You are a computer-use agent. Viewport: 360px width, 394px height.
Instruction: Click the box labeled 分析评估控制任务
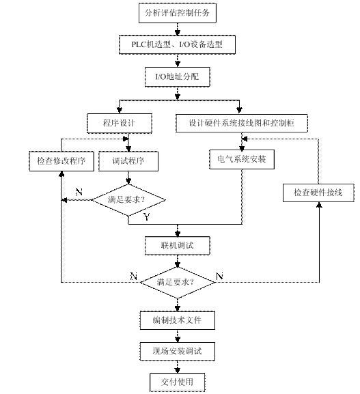pyautogui.click(x=177, y=13)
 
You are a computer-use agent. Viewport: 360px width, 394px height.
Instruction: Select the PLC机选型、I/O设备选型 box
pyautogui.click(x=177, y=45)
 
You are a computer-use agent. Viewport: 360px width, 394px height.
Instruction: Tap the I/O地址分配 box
pyautogui.click(x=177, y=76)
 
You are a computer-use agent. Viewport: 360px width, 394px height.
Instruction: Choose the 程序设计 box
pyautogui.click(x=120, y=123)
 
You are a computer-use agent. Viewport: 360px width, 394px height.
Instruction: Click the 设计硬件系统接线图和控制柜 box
pyautogui.click(x=242, y=123)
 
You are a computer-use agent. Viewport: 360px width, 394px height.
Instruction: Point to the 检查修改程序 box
pyautogui.click(x=61, y=161)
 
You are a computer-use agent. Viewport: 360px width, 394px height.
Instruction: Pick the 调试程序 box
pyautogui.click(x=128, y=161)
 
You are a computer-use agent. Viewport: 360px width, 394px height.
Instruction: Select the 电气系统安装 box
pyautogui.click(x=242, y=159)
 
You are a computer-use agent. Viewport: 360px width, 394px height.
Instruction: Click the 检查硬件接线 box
pyautogui.click(x=318, y=193)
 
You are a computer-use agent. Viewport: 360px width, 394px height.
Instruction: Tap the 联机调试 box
pyautogui.click(x=177, y=245)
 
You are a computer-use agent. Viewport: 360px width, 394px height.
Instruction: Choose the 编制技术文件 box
pyautogui.click(x=177, y=320)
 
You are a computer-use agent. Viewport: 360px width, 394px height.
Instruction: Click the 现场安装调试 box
pyautogui.click(x=177, y=351)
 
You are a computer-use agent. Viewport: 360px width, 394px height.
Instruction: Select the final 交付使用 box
pyautogui.click(x=177, y=382)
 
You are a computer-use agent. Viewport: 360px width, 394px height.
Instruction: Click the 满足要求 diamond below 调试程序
pyautogui.click(x=128, y=200)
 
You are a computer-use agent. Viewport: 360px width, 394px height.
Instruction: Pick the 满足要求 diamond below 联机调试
pyautogui.click(x=177, y=283)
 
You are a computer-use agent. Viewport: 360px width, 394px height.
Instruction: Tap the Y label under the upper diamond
pyautogui.click(x=147, y=216)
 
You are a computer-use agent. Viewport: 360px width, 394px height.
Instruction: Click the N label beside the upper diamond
pyautogui.click(x=79, y=193)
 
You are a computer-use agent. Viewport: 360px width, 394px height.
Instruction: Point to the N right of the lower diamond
pyautogui.click(x=219, y=277)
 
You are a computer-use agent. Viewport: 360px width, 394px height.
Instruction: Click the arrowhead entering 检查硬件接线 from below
pyautogui.click(x=319, y=205)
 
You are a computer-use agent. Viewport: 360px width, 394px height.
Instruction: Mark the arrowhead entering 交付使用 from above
pyautogui.click(x=178, y=370)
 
